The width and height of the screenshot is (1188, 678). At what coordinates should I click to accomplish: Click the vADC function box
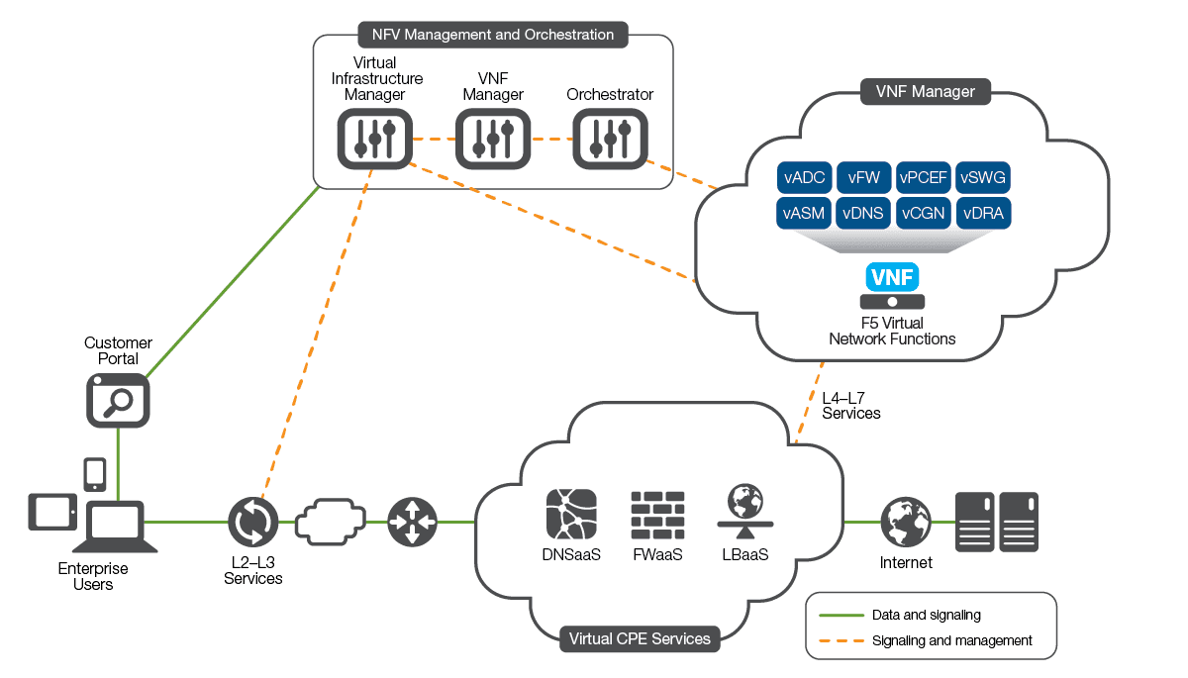tap(805, 178)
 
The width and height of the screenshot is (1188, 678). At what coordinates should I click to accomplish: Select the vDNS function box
tap(864, 214)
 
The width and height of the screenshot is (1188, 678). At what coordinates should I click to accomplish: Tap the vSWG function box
tap(984, 178)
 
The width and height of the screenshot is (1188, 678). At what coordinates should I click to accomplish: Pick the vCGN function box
tap(924, 214)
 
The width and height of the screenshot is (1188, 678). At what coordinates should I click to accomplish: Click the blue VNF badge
tap(892, 276)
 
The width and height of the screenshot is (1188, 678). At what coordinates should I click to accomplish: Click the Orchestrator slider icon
tap(610, 139)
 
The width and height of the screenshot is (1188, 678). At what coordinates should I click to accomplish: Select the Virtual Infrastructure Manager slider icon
tap(373, 139)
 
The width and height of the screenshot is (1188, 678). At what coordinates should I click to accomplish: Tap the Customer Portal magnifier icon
tap(117, 400)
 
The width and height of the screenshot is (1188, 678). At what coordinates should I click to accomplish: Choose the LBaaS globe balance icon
tap(744, 511)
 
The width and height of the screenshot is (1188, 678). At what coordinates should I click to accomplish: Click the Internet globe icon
tap(906, 522)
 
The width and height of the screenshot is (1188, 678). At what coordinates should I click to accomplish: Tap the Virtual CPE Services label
tap(640, 638)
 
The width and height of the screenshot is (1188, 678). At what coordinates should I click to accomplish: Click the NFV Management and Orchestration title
tap(493, 35)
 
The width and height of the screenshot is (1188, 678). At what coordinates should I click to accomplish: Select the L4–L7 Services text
tap(850, 406)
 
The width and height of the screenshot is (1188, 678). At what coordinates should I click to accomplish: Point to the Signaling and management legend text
tap(952, 640)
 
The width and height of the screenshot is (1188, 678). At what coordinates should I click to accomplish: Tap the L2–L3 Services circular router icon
tap(252, 522)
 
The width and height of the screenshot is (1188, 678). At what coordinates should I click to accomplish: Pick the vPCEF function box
tap(924, 178)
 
